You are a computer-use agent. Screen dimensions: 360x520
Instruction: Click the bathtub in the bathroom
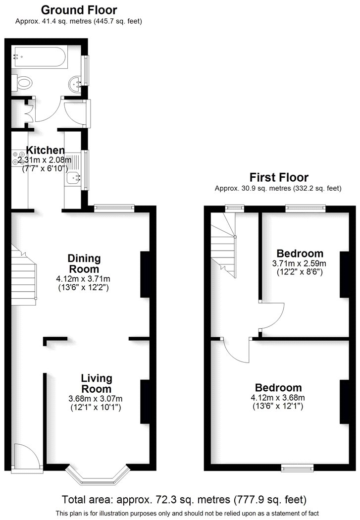pos(40,57)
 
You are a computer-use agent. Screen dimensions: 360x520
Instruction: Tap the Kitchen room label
pos(46,150)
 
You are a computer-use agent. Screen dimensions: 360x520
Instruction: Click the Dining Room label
pos(84,263)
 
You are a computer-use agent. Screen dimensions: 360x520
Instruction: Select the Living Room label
pos(97,383)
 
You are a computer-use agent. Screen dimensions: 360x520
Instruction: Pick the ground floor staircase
pos(24,274)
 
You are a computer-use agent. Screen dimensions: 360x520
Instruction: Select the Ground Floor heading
pos(79,10)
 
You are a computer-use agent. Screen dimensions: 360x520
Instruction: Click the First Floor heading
pos(279,177)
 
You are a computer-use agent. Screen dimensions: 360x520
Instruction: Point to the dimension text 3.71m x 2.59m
pos(299,263)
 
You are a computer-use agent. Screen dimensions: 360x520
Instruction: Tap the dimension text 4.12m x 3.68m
pos(278,398)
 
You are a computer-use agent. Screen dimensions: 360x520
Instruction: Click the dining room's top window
pos(114,208)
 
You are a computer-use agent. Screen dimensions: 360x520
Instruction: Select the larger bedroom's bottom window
pos(297,468)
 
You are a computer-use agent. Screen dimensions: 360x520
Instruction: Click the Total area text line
pos(184,499)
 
